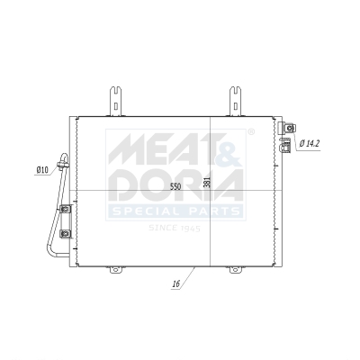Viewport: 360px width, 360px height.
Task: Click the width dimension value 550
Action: tap(175, 186)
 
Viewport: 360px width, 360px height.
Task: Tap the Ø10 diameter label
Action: tap(42, 168)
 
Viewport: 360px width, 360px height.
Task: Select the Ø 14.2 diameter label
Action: tap(310, 143)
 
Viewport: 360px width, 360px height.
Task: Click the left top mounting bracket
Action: tap(116, 100)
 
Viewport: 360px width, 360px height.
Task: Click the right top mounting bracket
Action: tap(234, 100)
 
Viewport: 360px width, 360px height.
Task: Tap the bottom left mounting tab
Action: tap(114, 268)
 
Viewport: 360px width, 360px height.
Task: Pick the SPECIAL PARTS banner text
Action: tap(175, 211)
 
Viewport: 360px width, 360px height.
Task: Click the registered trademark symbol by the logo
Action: tap(250, 132)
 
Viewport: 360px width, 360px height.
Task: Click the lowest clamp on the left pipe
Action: tap(65, 235)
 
